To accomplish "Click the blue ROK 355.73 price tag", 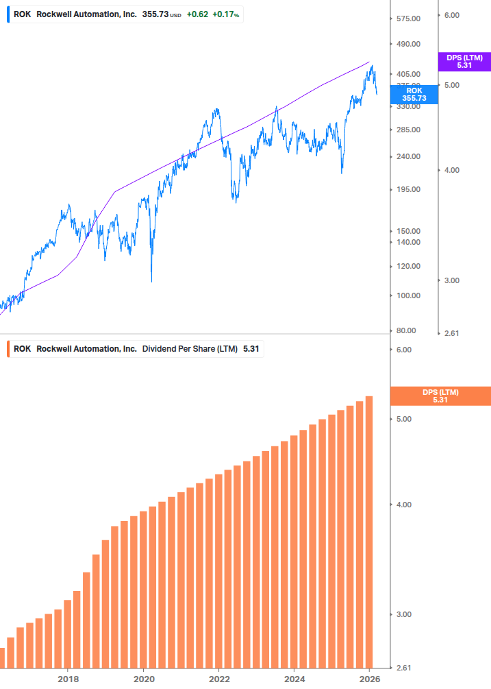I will click(414, 95).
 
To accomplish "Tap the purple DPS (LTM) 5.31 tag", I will click(464, 62).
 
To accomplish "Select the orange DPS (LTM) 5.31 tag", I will click(440, 396).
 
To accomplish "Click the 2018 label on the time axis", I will click(68, 679).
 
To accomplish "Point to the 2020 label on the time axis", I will click(143, 679).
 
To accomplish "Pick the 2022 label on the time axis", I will click(218, 679).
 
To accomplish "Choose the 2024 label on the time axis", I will click(294, 679).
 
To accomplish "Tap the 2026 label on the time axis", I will click(369, 679).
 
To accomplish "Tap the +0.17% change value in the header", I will click(225, 14).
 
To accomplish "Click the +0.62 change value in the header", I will click(196, 14).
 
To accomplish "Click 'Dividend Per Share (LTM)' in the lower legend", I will click(190, 349).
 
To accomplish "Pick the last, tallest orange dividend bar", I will click(369, 531).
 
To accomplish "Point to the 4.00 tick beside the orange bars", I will click(403, 505).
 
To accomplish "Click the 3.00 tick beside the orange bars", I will click(403, 614).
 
